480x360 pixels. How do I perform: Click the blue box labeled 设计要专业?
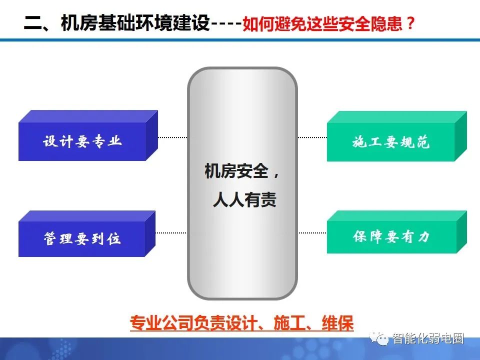coord(82,141)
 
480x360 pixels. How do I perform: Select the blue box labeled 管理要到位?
coord(82,238)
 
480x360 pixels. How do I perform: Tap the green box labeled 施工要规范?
coord(391,142)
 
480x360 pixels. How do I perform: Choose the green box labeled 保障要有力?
coord(391,236)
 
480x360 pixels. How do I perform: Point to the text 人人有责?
coord(244,200)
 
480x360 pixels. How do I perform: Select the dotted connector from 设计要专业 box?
coord(172,137)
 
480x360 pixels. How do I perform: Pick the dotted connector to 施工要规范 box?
coord(312,137)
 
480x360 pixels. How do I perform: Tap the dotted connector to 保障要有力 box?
coord(312,232)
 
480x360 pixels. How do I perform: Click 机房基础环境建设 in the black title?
coord(135,23)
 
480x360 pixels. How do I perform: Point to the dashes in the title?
coord(226,24)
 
